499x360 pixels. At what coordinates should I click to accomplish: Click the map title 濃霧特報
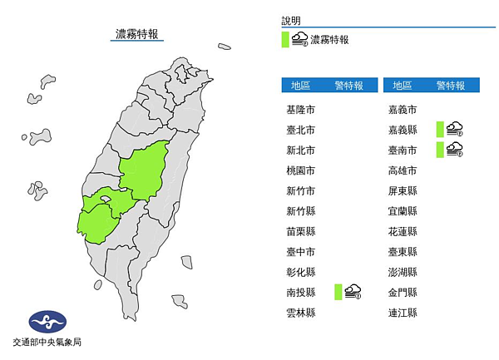point(138,34)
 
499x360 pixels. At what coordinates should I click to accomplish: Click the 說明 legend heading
point(291,20)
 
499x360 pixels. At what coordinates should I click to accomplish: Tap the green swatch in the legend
point(285,39)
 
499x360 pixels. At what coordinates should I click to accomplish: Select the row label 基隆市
point(300,110)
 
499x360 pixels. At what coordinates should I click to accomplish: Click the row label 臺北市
point(300,130)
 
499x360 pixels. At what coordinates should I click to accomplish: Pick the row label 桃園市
point(300,170)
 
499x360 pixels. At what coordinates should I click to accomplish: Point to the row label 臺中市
point(300,252)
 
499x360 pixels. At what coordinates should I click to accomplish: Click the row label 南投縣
point(300,292)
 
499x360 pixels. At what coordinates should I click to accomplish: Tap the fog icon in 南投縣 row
point(353,291)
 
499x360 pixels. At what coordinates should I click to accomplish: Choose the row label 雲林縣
point(300,313)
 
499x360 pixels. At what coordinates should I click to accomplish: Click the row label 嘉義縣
point(403,130)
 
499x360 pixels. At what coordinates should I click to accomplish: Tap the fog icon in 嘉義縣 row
point(454,128)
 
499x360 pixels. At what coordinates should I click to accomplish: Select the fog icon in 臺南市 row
point(454,149)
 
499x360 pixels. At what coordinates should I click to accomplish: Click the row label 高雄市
point(403,170)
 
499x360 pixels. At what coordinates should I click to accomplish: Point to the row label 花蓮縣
point(403,231)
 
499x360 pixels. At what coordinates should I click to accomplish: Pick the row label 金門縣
point(403,292)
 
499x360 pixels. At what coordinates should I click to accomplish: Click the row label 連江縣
point(403,313)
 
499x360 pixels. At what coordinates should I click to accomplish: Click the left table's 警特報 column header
point(348,85)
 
